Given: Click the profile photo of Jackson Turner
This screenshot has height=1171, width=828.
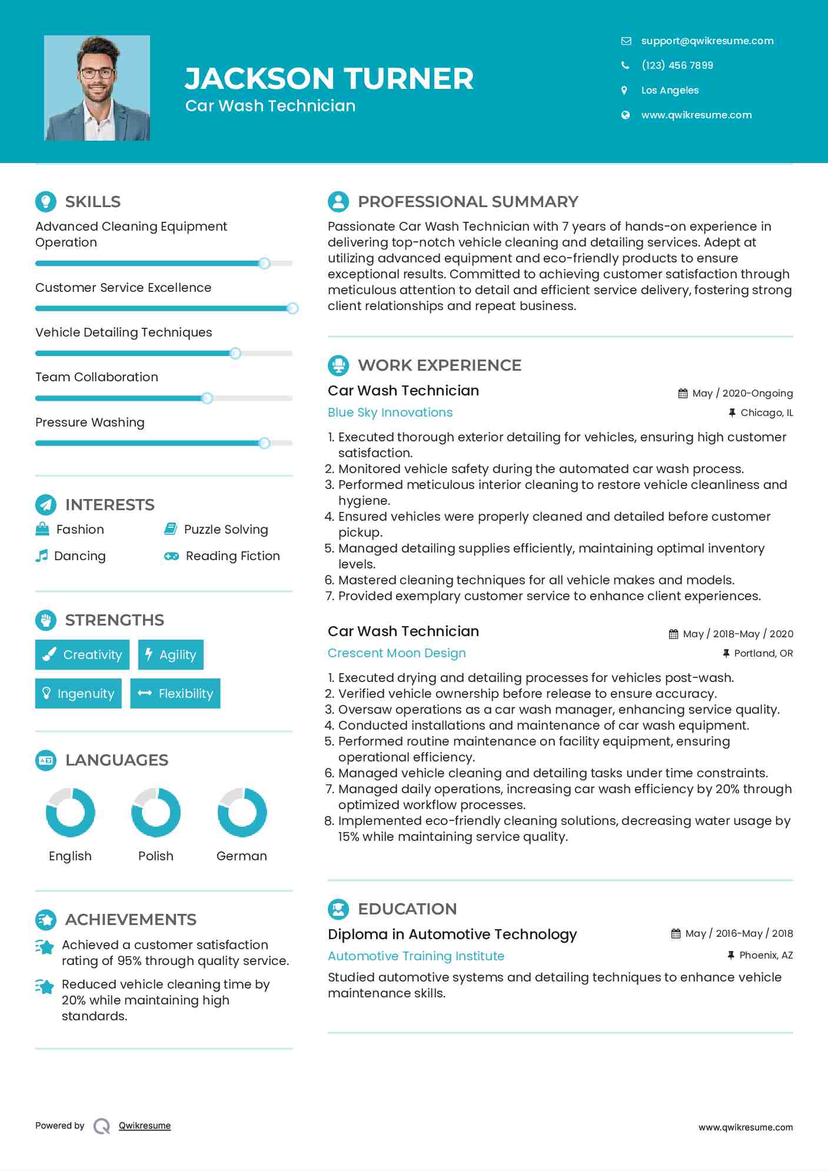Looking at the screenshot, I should click(97, 88).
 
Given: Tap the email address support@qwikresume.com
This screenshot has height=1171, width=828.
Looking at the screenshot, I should click(707, 41).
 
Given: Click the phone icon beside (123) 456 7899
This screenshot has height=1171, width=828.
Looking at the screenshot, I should click(625, 65).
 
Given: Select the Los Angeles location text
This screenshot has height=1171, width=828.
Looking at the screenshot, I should click(670, 90).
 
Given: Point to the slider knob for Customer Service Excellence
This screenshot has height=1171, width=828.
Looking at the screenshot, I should click(292, 308).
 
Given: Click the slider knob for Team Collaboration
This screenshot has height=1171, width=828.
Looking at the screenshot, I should click(207, 398).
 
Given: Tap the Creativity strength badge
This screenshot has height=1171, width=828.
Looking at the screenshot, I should click(82, 654).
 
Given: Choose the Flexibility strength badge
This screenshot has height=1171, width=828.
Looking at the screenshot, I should click(175, 693).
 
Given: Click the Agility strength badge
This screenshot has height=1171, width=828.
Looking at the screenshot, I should click(171, 654).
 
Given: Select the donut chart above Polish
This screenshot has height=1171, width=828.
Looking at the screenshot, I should click(156, 812).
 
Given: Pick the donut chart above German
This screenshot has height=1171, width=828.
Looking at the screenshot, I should click(242, 812).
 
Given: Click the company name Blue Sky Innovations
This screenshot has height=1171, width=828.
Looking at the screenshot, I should click(390, 412).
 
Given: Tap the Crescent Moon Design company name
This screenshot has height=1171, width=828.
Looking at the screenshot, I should click(397, 653).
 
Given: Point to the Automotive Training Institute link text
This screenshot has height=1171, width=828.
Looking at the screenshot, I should click(416, 956).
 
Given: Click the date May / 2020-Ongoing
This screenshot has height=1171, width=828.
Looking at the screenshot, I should click(742, 393).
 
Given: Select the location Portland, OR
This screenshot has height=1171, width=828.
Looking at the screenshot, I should click(763, 653).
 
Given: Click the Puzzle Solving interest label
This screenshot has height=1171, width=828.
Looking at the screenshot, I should click(226, 530).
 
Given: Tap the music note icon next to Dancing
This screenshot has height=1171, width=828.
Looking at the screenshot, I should click(41, 556).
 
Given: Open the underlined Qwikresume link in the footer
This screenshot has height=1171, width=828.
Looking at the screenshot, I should click(145, 1126).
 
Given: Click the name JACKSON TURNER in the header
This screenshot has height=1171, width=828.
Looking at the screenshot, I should click(329, 78).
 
